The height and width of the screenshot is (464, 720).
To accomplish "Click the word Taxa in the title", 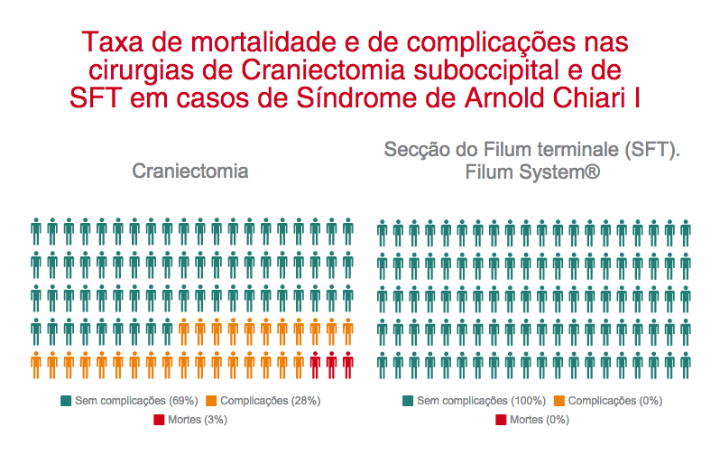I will click(x=104, y=42).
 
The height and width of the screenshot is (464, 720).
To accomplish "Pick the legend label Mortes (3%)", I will click(x=202, y=420).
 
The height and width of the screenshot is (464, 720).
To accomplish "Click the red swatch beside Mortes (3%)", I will click(x=160, y=420).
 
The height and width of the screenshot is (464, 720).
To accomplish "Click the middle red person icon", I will click(x=331, y=365).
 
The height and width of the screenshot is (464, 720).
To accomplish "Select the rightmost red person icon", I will click(x=347, y=365).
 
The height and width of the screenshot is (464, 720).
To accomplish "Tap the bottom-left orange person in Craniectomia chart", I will click(x=36, y=365).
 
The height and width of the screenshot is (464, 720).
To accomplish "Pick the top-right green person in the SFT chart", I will click(x=685, y=232).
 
